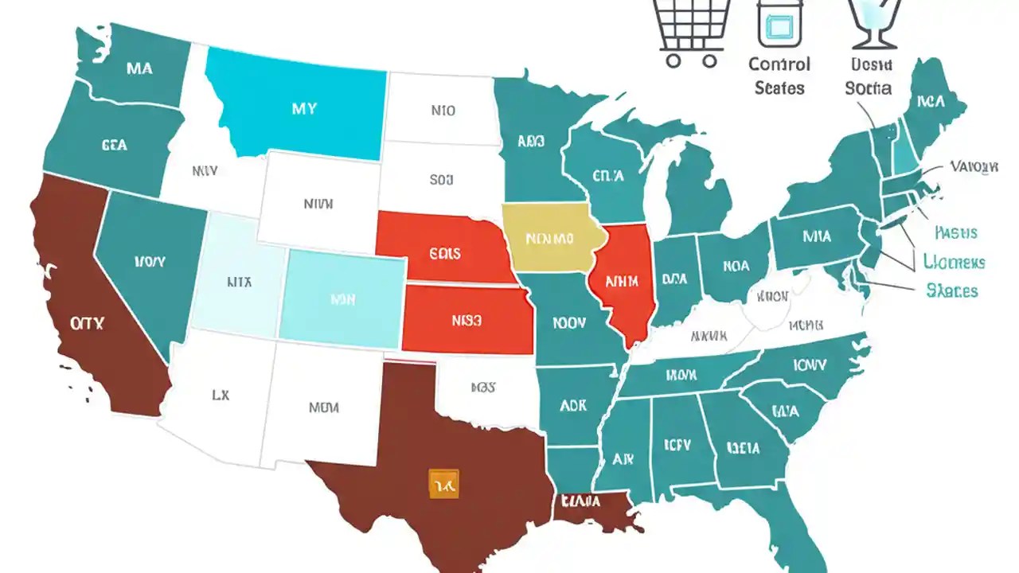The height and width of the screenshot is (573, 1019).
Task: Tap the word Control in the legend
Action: click(779, 64)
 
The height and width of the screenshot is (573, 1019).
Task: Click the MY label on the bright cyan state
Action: click(303, 108)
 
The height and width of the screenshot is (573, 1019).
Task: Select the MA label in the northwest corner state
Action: click(139, 68)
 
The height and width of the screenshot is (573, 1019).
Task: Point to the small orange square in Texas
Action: click(443, 483)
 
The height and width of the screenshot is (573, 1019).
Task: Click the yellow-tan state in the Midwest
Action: click(549, 238)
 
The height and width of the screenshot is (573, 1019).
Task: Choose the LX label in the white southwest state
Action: click(221, 394)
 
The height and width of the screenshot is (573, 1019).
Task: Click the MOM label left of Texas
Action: click(323, 407)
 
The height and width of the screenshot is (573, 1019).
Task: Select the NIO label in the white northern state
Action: click(443, 111)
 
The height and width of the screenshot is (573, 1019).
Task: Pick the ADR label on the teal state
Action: click(573, 405)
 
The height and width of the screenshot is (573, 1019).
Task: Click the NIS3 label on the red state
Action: click(467, 322)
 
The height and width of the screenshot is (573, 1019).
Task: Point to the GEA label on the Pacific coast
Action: click(115, 146)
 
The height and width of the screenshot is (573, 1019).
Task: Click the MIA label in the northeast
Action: click(816, 236)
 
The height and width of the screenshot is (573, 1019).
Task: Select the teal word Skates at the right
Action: click(951, 291)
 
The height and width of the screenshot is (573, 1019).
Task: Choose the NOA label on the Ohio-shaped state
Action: click(736, 267)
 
